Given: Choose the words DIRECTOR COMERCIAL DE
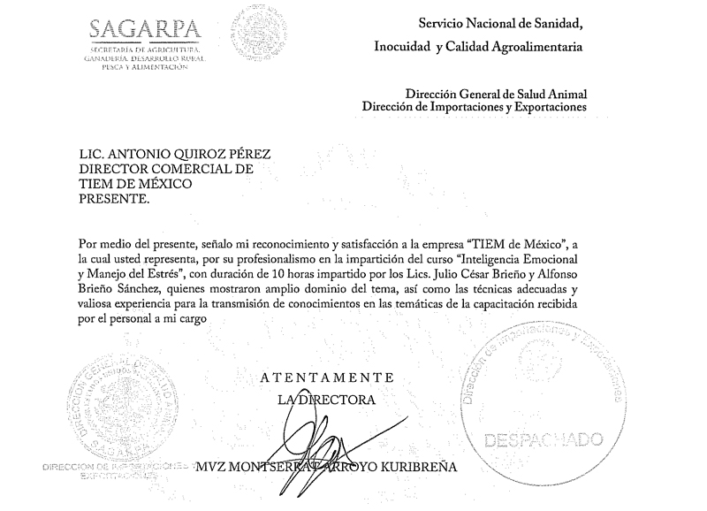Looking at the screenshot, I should [x=165, y=168].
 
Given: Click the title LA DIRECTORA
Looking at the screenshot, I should [x=327, y=400].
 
